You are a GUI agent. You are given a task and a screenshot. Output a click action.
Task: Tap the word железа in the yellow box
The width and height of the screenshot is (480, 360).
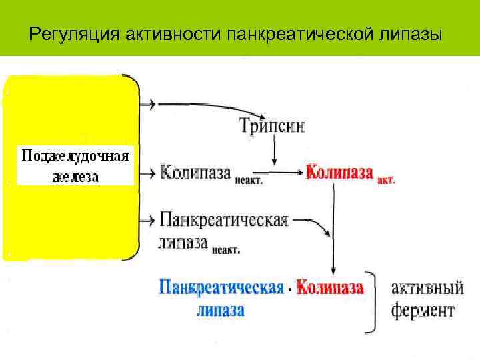click(x=75, y=176)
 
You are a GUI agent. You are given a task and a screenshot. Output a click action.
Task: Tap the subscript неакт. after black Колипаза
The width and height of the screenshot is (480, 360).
click(x=248, y=179)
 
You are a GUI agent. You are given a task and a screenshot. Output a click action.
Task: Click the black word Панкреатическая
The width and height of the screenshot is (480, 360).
click(x=223, y=220)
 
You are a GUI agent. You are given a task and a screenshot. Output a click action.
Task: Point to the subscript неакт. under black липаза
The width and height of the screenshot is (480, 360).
click(x=226, y=250)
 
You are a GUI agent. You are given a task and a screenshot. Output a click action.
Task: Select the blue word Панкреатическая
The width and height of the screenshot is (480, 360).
click(x=221, y=289)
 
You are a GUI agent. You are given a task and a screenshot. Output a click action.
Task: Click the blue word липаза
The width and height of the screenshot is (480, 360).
click(x=221, y=310)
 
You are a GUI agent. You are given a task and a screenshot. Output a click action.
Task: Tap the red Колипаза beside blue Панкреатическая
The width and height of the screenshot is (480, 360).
click(x=330, y=289)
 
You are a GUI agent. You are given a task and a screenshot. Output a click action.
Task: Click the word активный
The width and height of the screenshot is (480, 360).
click(x=427, y=289)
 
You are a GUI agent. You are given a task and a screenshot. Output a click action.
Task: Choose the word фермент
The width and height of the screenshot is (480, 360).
click(x=423, y=310)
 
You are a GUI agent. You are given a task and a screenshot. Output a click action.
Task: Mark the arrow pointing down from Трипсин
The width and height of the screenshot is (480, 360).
click(x=274, y=151)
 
